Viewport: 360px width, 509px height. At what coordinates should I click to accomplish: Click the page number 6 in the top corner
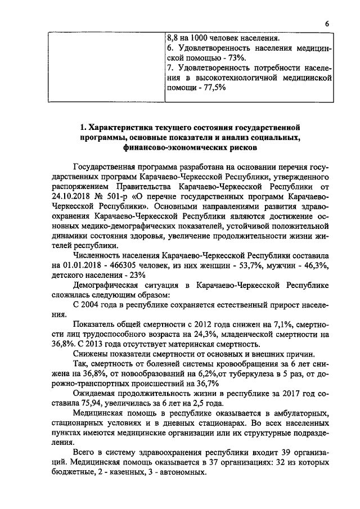coord(326,24)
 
